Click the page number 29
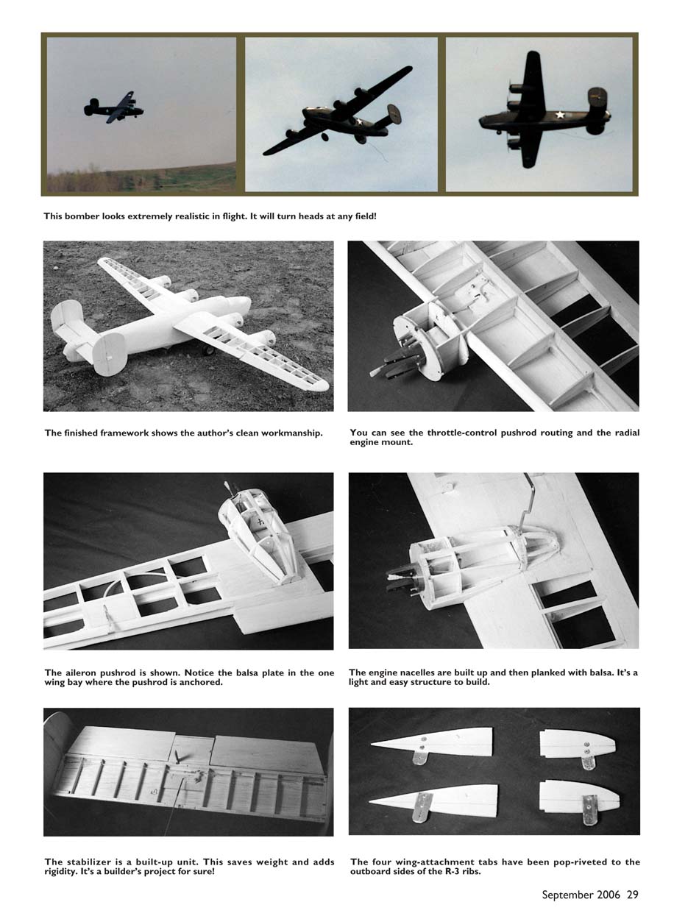pyautogui.click(x=632, y=895)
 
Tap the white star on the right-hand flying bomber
pyautogui.click(x=560, y=115)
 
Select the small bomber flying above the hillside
pyautogui.click(x=114, y=107)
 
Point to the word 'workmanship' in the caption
pyautogui.click(x=291, y=433)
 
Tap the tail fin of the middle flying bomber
pyautogui.click(x=394, y=114)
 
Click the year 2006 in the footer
pyautogui.click(x=609, y=895)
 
